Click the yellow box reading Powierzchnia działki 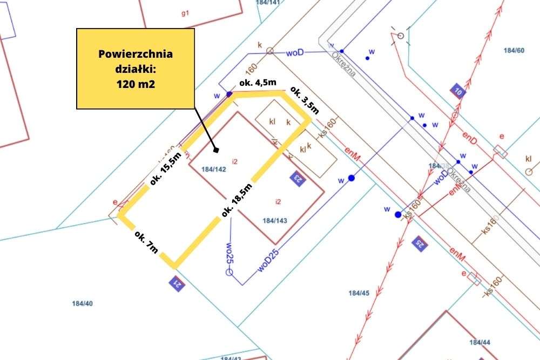pyautogui.click(x=135, y=69)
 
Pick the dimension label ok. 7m pyautogui.click(x=146, y=243)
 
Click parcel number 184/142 pyautogui.click(x=213, y=169)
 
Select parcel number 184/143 pyautogui.click(x=275, y=220)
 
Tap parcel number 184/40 pyautogui.click(x=83, y=303)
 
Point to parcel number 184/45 pyautogui.click(x=359, y=293)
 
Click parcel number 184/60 pyautogui.click(x=514, y=51)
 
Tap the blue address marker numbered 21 pyautogui.click(x=175, y=282)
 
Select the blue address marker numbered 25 pyautogui.click(x=418, y=243)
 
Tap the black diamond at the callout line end pyautogui.click(x=215, y=150)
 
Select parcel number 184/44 pyautogui.click(x=480, y=342)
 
